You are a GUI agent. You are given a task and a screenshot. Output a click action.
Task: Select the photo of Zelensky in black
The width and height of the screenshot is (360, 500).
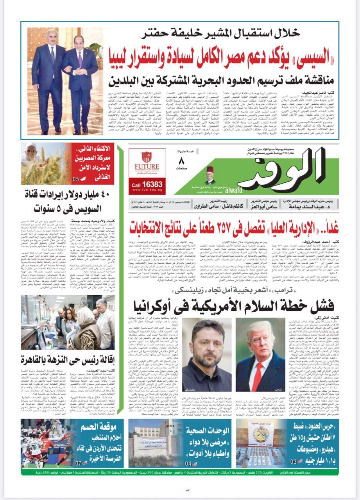click(211, 347)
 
